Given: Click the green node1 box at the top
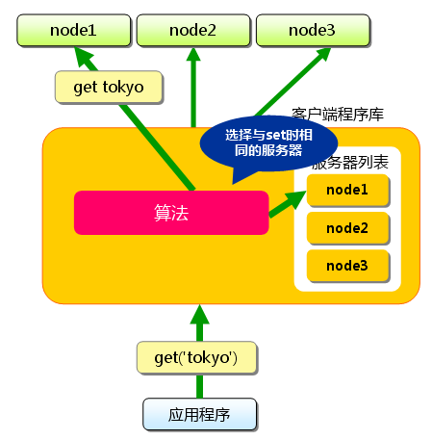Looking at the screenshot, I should pos(72,30).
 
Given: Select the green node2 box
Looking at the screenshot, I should pos(191,30).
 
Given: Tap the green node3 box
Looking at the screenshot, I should pos(311,30).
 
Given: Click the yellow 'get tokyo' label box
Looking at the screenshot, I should pos(108,88).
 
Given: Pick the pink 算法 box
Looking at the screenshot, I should pos(170,213).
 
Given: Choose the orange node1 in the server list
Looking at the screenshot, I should pos(347,191).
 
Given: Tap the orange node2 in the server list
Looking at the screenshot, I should pos(347,228).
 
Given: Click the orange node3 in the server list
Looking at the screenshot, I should pos(347,265).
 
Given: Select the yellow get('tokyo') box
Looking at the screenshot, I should pos(195,357).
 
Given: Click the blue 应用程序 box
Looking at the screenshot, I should pos(200,415).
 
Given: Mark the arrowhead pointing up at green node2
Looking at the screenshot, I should pos(192,56).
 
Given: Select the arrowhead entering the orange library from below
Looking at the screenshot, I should pos(198,314).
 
